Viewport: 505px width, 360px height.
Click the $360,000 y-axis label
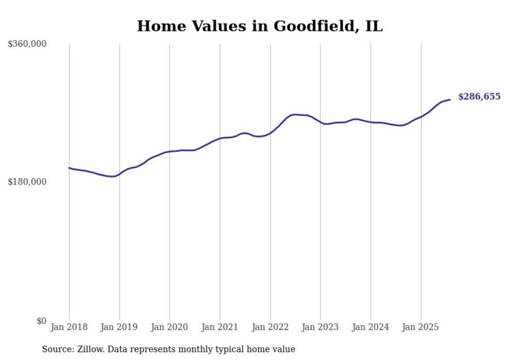pos(27,44)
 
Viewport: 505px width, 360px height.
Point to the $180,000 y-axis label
pos(27,182)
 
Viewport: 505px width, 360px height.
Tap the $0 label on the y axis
pos(41,321)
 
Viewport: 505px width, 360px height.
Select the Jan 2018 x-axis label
pos(69,327)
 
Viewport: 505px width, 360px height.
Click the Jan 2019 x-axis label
pos(120,327)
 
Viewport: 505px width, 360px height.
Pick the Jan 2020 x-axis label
pos(170,327)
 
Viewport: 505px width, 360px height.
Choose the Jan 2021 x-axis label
pos(220,327)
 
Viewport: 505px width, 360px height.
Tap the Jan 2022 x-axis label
pos(270,327)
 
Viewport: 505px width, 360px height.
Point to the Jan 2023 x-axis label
pos(320,327)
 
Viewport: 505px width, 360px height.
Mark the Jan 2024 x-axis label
pos(371,327)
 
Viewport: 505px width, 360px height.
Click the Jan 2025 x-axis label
pos(420,327)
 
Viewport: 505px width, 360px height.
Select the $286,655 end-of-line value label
pos(479,97)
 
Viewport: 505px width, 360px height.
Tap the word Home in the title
pos(158,26)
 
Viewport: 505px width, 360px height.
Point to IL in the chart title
pos(374,26)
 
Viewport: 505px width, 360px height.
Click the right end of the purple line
pos(450,99)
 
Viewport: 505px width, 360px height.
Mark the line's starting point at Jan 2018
pos(69,168)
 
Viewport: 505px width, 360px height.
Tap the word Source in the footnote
pos(56,349)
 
